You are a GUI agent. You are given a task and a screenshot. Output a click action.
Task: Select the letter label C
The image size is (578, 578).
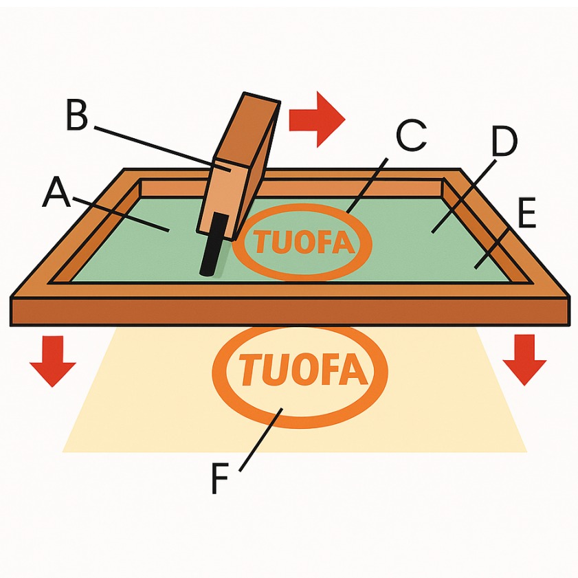412,137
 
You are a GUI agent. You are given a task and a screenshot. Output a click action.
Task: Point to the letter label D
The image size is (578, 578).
503,142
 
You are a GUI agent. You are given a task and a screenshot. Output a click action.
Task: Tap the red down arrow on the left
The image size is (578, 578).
53,360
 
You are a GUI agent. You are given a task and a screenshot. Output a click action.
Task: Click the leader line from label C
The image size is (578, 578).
368,184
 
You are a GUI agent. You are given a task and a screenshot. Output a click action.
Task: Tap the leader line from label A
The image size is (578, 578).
117,213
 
